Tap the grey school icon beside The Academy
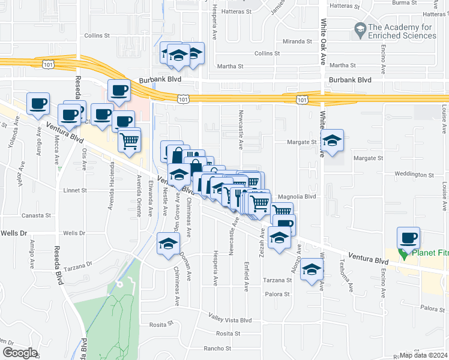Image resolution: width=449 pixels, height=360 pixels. point(360,28)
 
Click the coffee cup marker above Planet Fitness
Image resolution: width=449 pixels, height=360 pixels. point(408,238)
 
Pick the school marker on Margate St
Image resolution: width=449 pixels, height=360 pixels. point(331,142)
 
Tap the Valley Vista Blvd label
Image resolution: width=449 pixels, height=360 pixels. point(230,320)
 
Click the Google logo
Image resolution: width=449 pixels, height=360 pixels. point(20,353)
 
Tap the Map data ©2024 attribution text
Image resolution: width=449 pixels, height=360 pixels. point(424,356)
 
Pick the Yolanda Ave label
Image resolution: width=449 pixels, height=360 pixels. point(10,138)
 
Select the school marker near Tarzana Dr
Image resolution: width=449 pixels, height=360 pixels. point(168,244)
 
